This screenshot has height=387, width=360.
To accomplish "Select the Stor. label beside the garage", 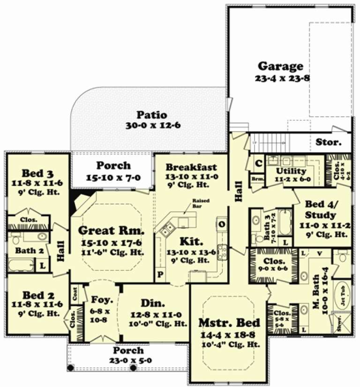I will (x=328, y=141).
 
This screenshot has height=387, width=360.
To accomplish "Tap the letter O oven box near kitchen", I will (x=221, y=224).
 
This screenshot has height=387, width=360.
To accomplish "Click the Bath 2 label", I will (x=29, y=251).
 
